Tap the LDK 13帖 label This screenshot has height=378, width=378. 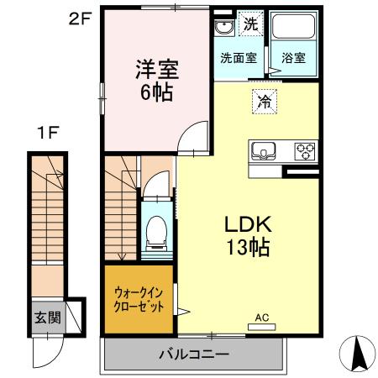click(245, 236)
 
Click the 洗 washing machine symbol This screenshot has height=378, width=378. click(249, 24)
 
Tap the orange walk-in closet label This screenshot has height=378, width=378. click(139, 299)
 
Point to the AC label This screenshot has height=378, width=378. click(261, 317)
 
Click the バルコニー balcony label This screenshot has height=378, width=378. click(194, 354)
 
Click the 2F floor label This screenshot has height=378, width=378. click(79, 17)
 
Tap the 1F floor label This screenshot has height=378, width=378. click(47, 133)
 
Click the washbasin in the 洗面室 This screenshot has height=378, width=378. click(223, 29)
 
